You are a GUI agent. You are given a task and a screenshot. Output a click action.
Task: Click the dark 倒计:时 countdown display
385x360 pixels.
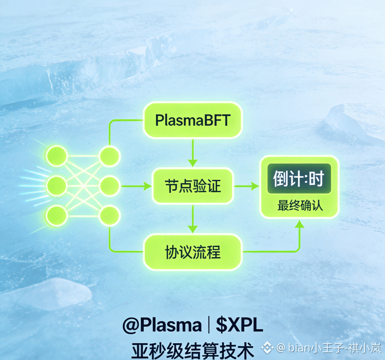tap(299, 179)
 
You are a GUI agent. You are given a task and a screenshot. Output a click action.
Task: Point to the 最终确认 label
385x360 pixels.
tap(299, 205)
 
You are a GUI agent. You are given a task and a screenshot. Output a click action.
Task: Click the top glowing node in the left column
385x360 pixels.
tap(57, 156)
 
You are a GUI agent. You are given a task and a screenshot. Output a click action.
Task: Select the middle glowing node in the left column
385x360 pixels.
tap(57, 185)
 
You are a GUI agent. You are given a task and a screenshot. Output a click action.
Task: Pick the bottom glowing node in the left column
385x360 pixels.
tap(57, 215)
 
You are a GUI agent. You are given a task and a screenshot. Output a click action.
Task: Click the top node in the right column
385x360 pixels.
tap(110, 156)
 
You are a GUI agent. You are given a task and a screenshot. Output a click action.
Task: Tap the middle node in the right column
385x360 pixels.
tap(110, 185)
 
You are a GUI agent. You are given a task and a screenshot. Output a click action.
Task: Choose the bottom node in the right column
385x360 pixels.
tap(110, 215)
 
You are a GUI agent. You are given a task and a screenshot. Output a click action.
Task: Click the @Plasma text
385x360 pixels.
tap(162, 325)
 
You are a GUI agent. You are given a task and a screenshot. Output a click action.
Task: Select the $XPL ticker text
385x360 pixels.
tap(239, 325)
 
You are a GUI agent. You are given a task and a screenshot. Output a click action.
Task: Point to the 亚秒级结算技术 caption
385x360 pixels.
tap(192, 348)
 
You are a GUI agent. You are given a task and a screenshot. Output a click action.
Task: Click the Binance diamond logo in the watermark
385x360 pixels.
tap(267, 347)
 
